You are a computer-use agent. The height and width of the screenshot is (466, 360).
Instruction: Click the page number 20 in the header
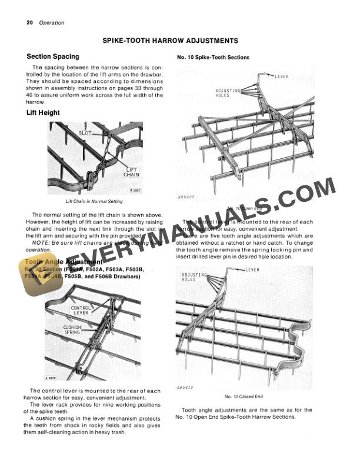coord(29,23)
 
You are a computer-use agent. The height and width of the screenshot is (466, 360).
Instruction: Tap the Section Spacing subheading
coord(53,57)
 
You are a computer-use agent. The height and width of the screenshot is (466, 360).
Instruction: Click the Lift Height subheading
coord(44,112)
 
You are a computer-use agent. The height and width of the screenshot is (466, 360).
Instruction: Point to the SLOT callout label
coord(86,134)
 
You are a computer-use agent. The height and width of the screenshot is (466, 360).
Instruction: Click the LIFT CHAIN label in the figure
coord(131,172)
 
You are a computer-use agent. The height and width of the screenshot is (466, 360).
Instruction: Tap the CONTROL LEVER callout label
coord(81,310)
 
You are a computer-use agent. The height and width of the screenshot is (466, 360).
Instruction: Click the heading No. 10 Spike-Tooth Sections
coord(214,58)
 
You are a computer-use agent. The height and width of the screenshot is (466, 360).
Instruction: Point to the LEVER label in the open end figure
coord(282,77)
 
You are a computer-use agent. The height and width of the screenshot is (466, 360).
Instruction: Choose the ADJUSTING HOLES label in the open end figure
coord(223,92)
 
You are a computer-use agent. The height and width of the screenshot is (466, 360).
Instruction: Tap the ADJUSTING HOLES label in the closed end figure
coord(194,277)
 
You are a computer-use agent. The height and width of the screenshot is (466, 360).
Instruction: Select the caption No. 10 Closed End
coord(244,397)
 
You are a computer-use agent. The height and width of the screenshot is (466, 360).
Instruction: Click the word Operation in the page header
coord(51,23)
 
